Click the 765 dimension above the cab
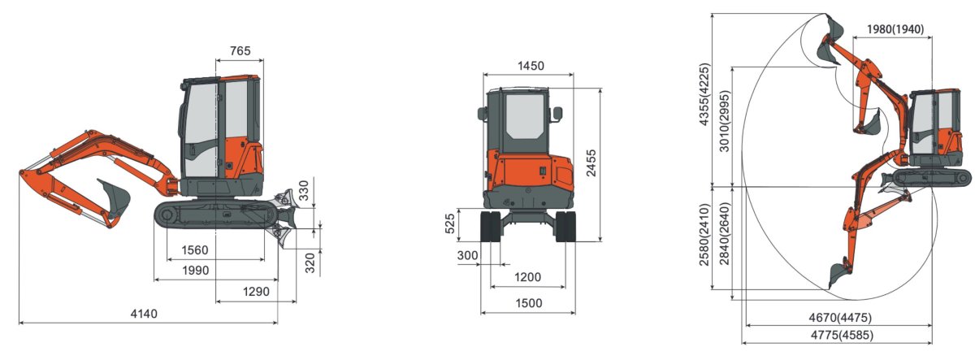click(x=240, y=50)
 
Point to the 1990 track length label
click(x=195, y=270)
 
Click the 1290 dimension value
click(x=257, y=291)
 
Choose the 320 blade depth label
click(x=310, y=262)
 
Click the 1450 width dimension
click(x=529, y=66)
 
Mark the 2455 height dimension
click(x=591, y=163)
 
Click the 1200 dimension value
click(x=528, y=277)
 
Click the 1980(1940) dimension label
click(x=895, y=29)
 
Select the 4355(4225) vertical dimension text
click(x=704, y=95)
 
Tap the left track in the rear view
click(x=491, y=227)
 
